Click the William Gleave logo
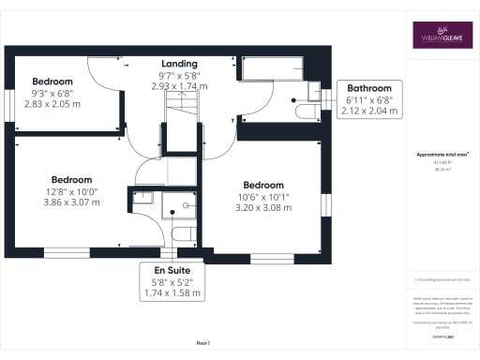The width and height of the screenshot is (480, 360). [x=441, y=36]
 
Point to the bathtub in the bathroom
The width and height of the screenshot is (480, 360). [x=272, y=69]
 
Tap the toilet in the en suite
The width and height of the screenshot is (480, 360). [x=182, y=232]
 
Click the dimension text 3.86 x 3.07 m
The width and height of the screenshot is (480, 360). [x=72, y=202]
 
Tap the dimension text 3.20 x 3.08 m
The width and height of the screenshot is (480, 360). [x=262, y=207]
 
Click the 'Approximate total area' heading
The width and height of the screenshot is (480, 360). [x=442, y=154]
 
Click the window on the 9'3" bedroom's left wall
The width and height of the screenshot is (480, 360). [x=8, y=100]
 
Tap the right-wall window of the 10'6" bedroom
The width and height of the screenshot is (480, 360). [x=327, y=204]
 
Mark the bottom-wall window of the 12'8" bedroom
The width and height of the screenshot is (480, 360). [x=67, y=252]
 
